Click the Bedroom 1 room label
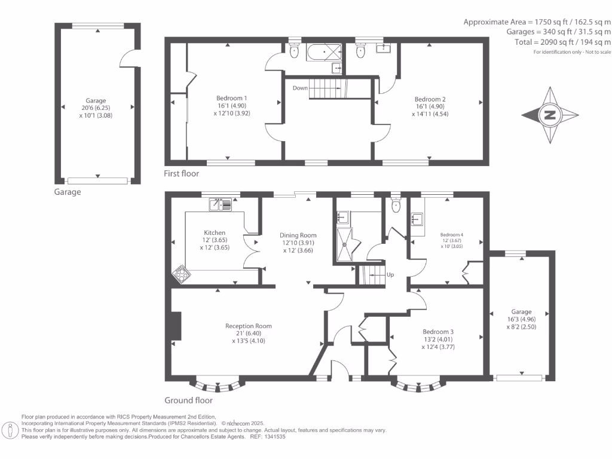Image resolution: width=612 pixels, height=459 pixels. click(231, 98)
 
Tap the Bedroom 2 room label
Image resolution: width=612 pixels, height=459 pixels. click(430, 99)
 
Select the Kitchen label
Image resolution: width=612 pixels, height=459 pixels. click(215, 232)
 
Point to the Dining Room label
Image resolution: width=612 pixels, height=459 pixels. click(298, 235)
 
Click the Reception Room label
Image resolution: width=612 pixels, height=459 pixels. click(248, 326)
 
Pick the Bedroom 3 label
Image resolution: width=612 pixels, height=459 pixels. click(438, 332)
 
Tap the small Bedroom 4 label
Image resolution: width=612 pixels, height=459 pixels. click(452, 234)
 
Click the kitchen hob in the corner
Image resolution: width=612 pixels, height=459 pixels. click(181, 274)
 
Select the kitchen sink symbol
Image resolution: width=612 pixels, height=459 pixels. click(221, 204)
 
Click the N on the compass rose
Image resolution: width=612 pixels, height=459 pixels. click(550, 115)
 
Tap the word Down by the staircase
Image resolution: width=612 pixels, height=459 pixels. click(300, 88)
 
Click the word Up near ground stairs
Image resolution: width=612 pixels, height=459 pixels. click(390, 275)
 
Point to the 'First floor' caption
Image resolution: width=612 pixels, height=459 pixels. click(181, 174)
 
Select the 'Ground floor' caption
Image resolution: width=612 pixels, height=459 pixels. click(188, 400)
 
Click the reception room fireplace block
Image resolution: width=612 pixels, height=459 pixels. click(176, 326)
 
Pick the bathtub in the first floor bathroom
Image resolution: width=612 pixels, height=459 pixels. click(324, 53)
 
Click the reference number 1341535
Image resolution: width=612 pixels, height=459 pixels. click(275, 437)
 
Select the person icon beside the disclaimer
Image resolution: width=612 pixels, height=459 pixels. click(10, 430)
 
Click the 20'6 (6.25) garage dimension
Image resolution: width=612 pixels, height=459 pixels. click(96, 108)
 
